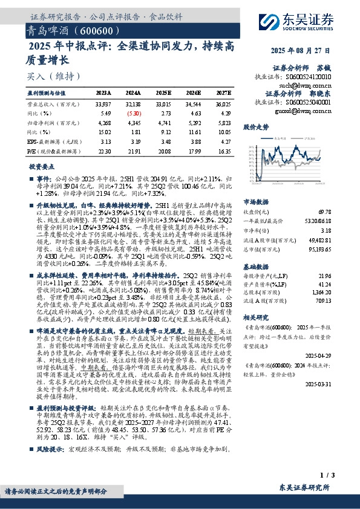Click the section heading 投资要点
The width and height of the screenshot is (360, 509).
43,165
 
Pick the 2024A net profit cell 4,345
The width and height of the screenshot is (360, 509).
134,123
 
